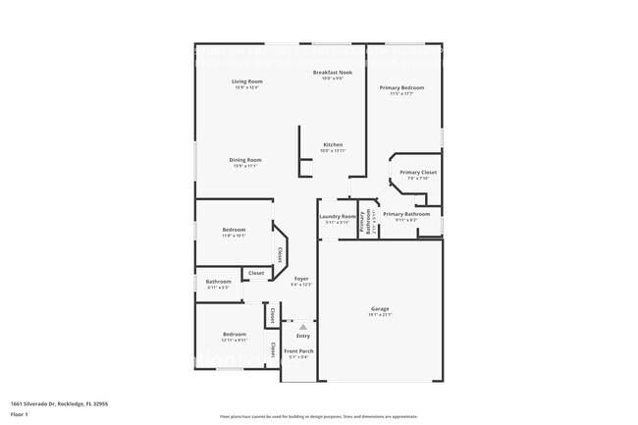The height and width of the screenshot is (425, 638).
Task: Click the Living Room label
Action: (246, 80)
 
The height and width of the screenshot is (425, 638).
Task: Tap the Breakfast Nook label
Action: (333, 73)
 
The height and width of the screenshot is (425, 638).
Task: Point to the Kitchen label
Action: (333, 144)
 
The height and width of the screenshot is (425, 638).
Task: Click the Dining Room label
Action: (245, 160)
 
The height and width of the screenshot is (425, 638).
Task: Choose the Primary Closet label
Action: (418, 172)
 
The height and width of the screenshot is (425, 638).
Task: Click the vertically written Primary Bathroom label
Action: (362, 223)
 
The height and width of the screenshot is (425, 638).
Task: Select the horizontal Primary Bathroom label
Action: (406, 213)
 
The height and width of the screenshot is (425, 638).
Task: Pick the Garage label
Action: (380, 309)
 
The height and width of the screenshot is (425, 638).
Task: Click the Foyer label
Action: (301, 279)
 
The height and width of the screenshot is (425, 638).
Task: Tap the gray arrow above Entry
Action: (302, 327)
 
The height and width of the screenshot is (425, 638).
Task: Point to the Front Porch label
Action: (299, 351)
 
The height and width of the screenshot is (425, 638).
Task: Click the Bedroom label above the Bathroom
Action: (234, 230)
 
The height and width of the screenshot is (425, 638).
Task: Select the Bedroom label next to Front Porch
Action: (234, 334)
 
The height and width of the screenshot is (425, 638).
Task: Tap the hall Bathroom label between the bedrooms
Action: (218, 282)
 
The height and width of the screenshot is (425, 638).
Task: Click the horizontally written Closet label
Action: (255, 273)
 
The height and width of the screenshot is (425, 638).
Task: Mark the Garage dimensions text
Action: (380, 315)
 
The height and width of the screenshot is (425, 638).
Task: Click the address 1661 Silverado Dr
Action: (58, 402)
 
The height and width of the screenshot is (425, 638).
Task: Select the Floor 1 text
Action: (20, 414)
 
